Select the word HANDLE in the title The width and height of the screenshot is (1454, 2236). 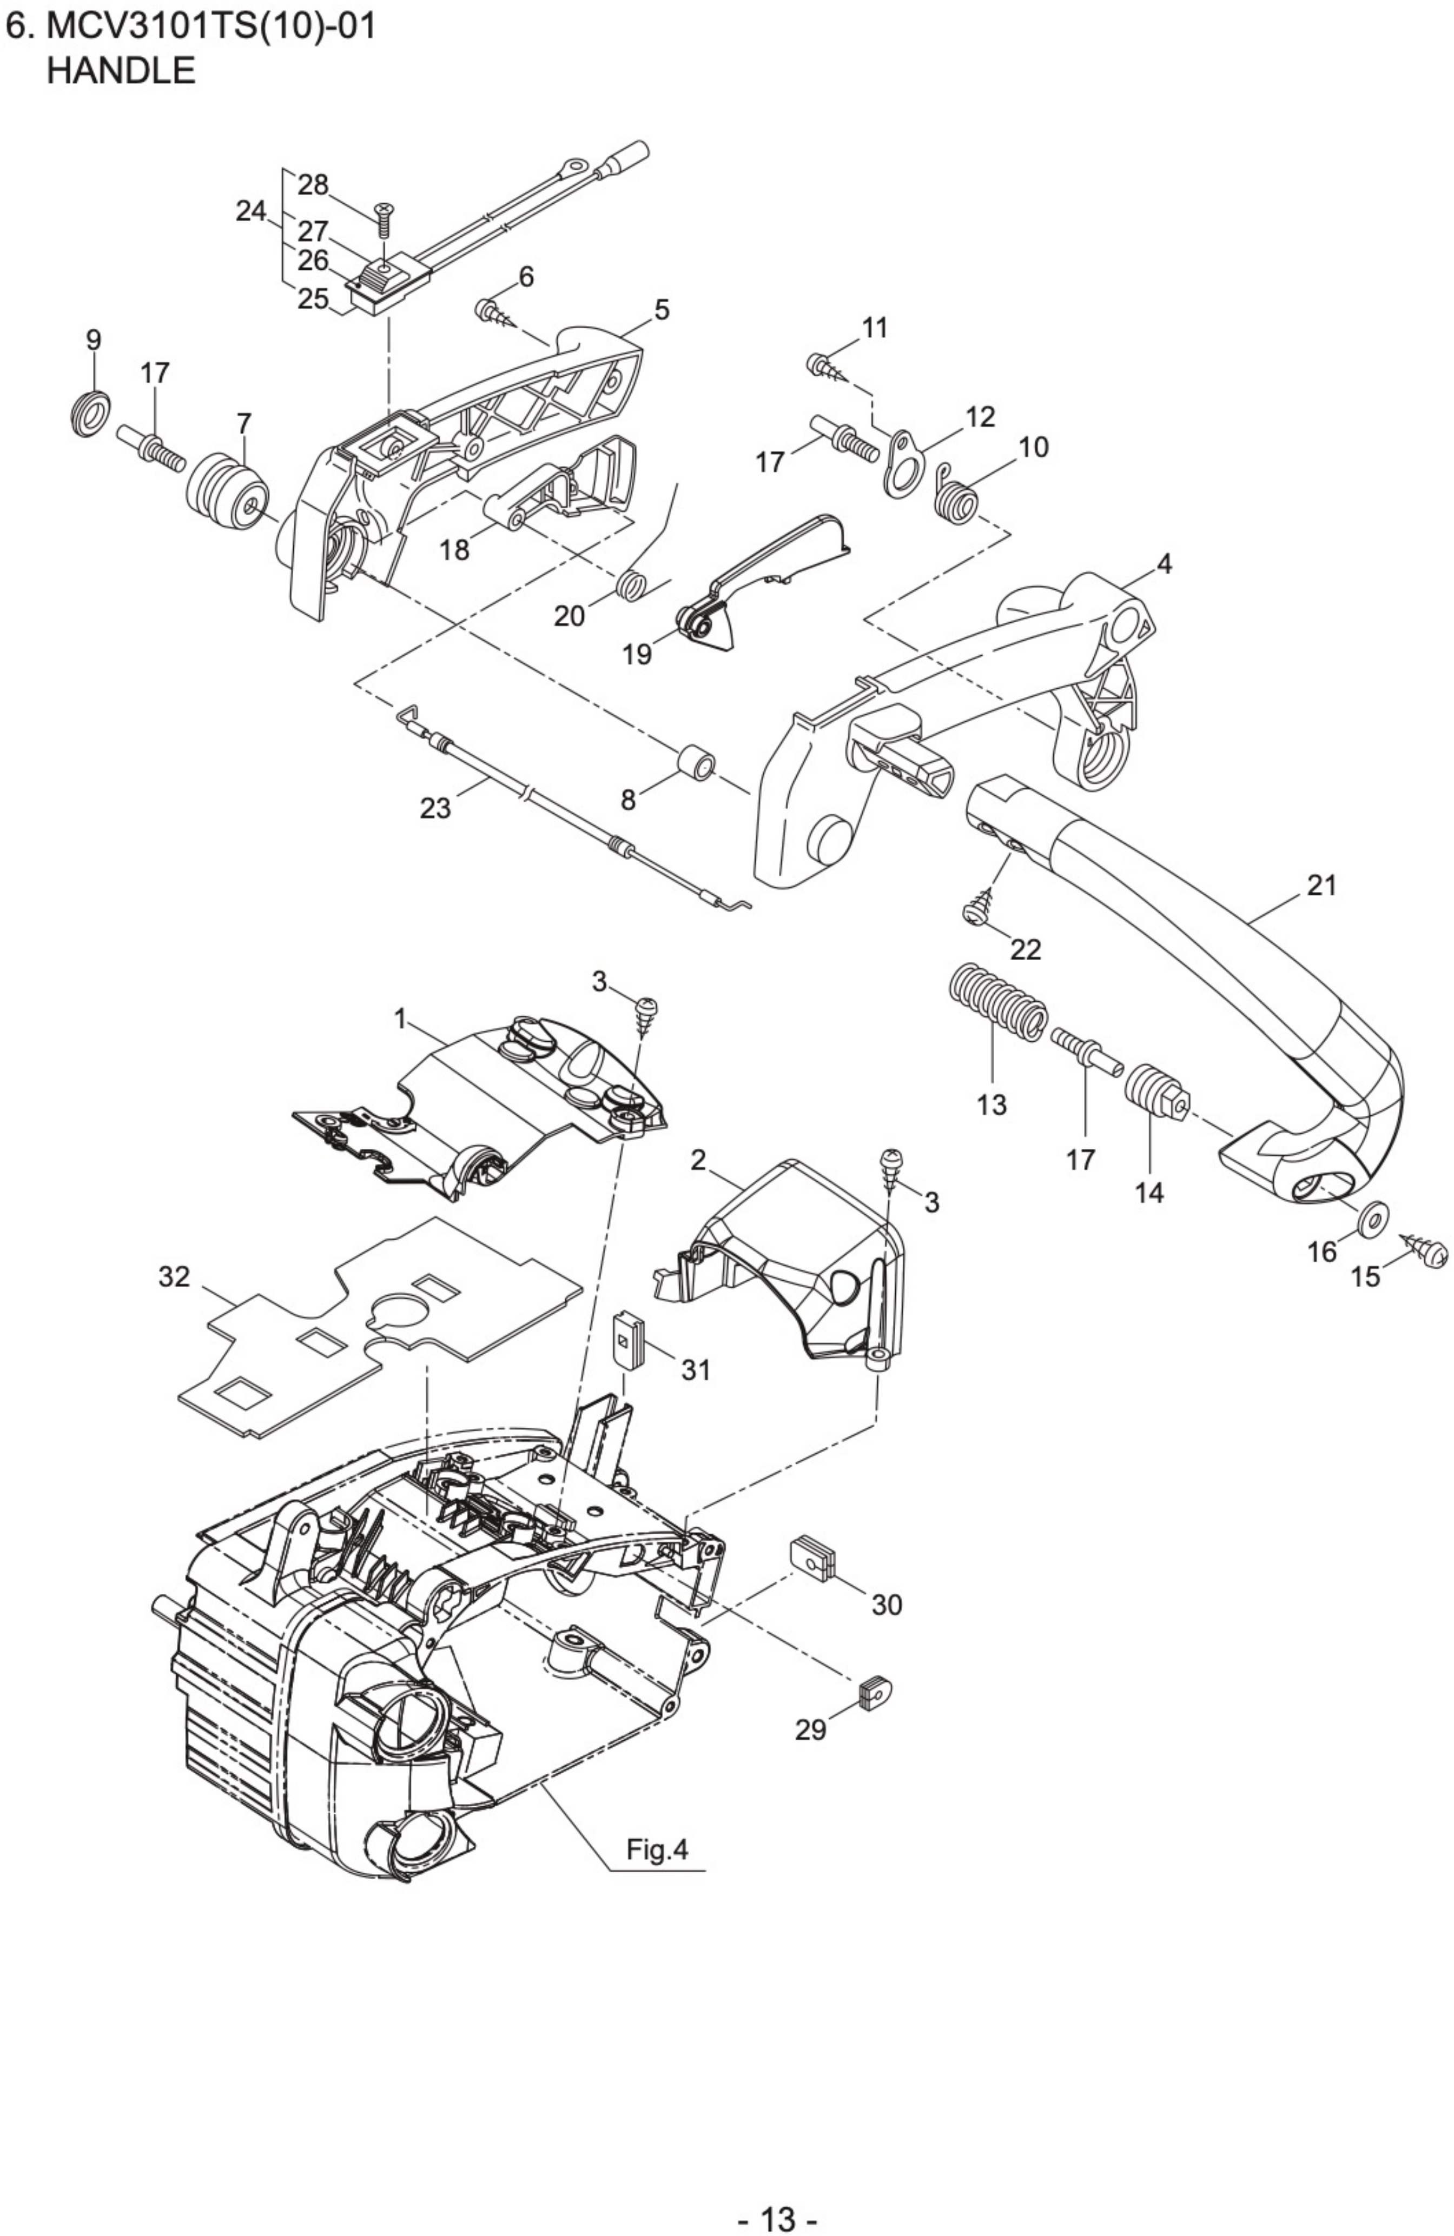121,70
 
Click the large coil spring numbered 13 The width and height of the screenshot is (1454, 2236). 994,1002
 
